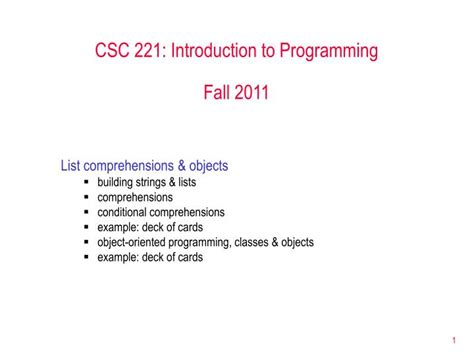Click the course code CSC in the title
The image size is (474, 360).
click(114, 50)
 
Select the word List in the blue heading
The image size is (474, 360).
click(71, 166)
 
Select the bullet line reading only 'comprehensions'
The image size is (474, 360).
click(135, 197)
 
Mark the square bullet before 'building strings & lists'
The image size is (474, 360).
click(87, 183)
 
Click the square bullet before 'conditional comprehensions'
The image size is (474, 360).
click(87, 212)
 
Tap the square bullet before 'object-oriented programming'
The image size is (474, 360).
click(87, 242)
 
